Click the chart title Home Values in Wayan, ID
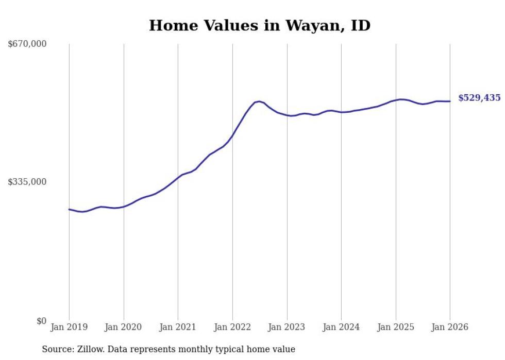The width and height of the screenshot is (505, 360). (259, 25)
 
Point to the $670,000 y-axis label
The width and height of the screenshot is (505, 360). (27, 44)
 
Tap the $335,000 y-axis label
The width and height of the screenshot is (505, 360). (27, 182)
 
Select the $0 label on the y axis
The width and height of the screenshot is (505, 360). (41, 321)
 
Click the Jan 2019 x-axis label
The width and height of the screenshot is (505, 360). (69, 327)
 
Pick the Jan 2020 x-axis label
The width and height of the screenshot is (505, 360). (124, 327)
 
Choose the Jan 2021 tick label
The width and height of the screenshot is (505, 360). (178, 327)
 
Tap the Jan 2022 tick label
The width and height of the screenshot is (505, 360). (232, 327)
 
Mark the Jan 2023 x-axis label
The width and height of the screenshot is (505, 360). (287, 327)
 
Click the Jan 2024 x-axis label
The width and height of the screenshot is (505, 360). (341, 327)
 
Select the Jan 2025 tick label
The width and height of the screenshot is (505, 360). (396, 327)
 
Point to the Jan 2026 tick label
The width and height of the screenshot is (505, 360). (450, 327)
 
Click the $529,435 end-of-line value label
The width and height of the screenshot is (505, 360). (479, 98)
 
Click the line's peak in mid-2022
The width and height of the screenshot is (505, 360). (259, 101)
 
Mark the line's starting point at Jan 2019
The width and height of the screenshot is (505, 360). (69, 209)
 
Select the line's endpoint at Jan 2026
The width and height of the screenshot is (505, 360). (450, 101)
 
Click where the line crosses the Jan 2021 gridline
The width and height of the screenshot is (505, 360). (178, 177)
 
